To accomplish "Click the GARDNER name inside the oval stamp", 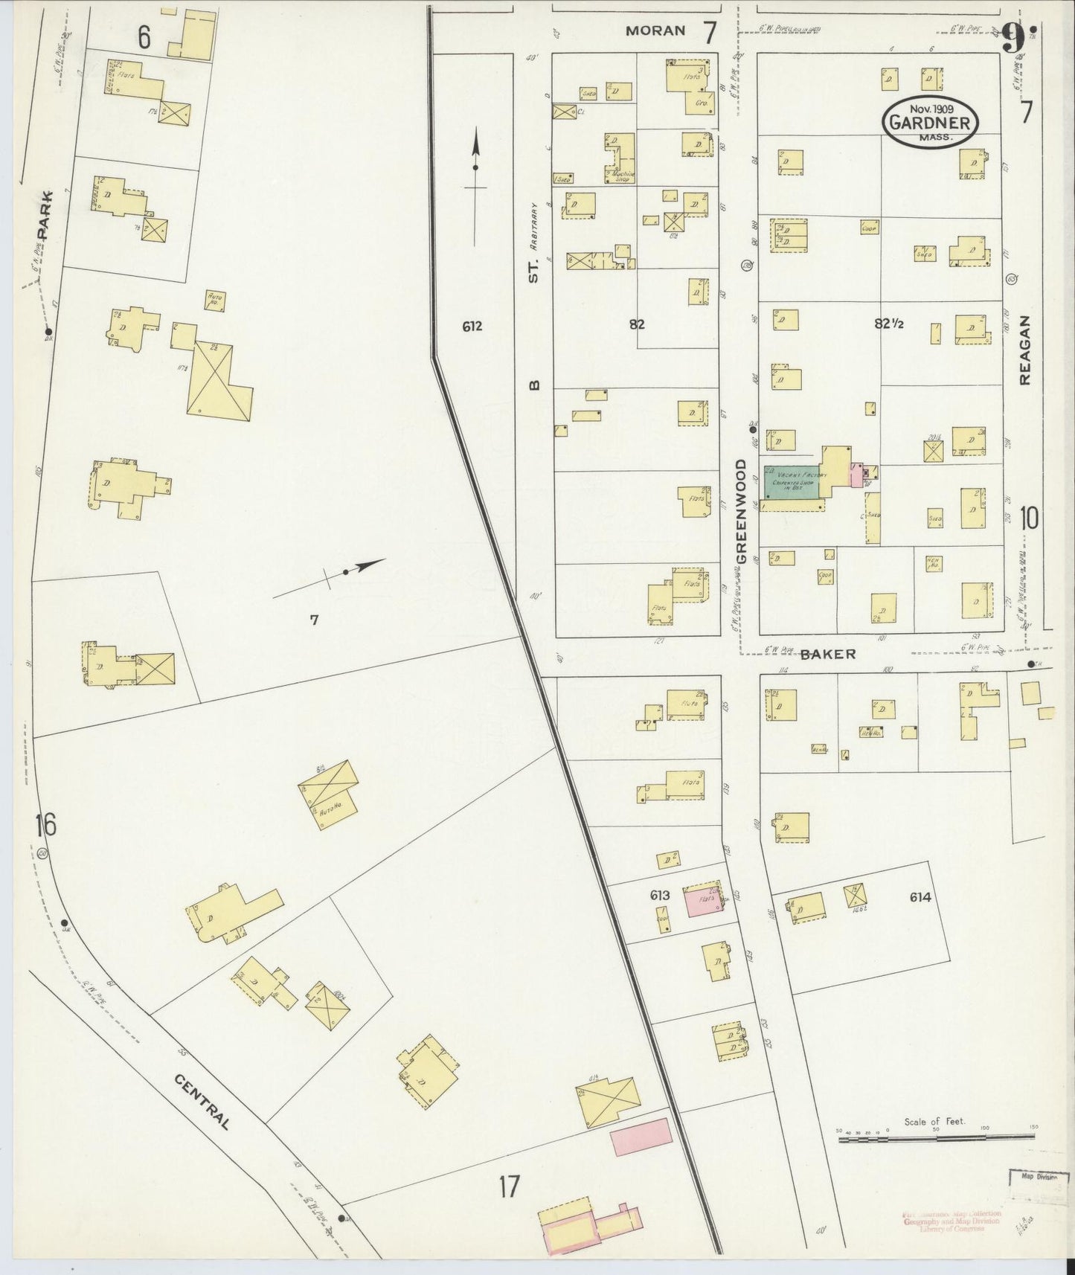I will [930, 123].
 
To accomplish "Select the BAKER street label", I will [829, 654].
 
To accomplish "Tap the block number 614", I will [920, 897].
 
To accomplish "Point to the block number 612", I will [472, 326].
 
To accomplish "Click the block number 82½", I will [888, 324].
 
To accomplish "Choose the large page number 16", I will [45, 824].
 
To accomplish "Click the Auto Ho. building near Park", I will [214, 301].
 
